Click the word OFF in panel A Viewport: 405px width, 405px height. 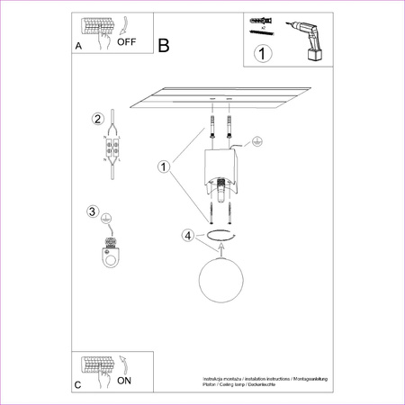[x=127, y=41]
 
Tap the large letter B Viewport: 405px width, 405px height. [x=163, y=45]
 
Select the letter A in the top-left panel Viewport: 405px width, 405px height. [x=78, y=44]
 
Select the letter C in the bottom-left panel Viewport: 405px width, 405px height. [x=78, y=384]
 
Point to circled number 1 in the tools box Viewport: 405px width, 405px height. [x=262, y=53]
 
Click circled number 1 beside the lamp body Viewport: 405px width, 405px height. [x=164, y=166]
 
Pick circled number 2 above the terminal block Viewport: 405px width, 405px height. [x=96, y=119]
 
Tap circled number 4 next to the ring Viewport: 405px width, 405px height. [x=187, y=236]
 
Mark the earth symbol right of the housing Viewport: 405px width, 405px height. [x=256, y=141]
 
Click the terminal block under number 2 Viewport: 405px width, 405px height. [x=112, y=149]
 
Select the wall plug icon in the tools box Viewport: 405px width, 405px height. [x=261, y=21]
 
